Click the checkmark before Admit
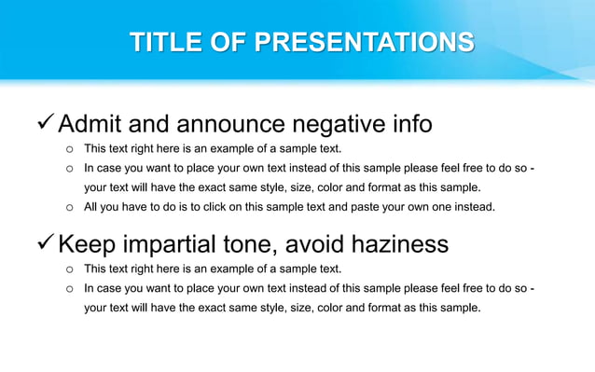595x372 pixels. click(x=43, y=123)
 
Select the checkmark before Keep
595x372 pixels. click(x=43, y=244)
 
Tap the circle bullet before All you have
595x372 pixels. click(x=69, y=207)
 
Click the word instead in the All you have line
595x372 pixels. click(x=474, y=207)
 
